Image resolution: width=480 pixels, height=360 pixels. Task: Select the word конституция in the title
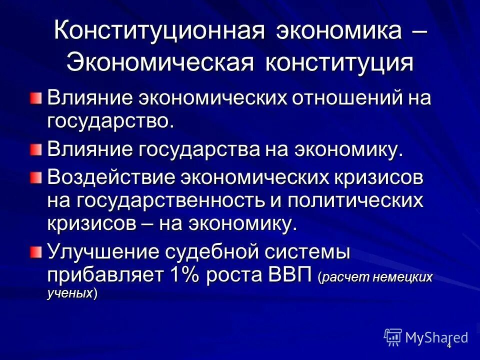tap(336, 63)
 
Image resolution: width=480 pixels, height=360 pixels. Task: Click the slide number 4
tap(448, 345)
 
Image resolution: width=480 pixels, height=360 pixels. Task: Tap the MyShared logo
tap(426, 337)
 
